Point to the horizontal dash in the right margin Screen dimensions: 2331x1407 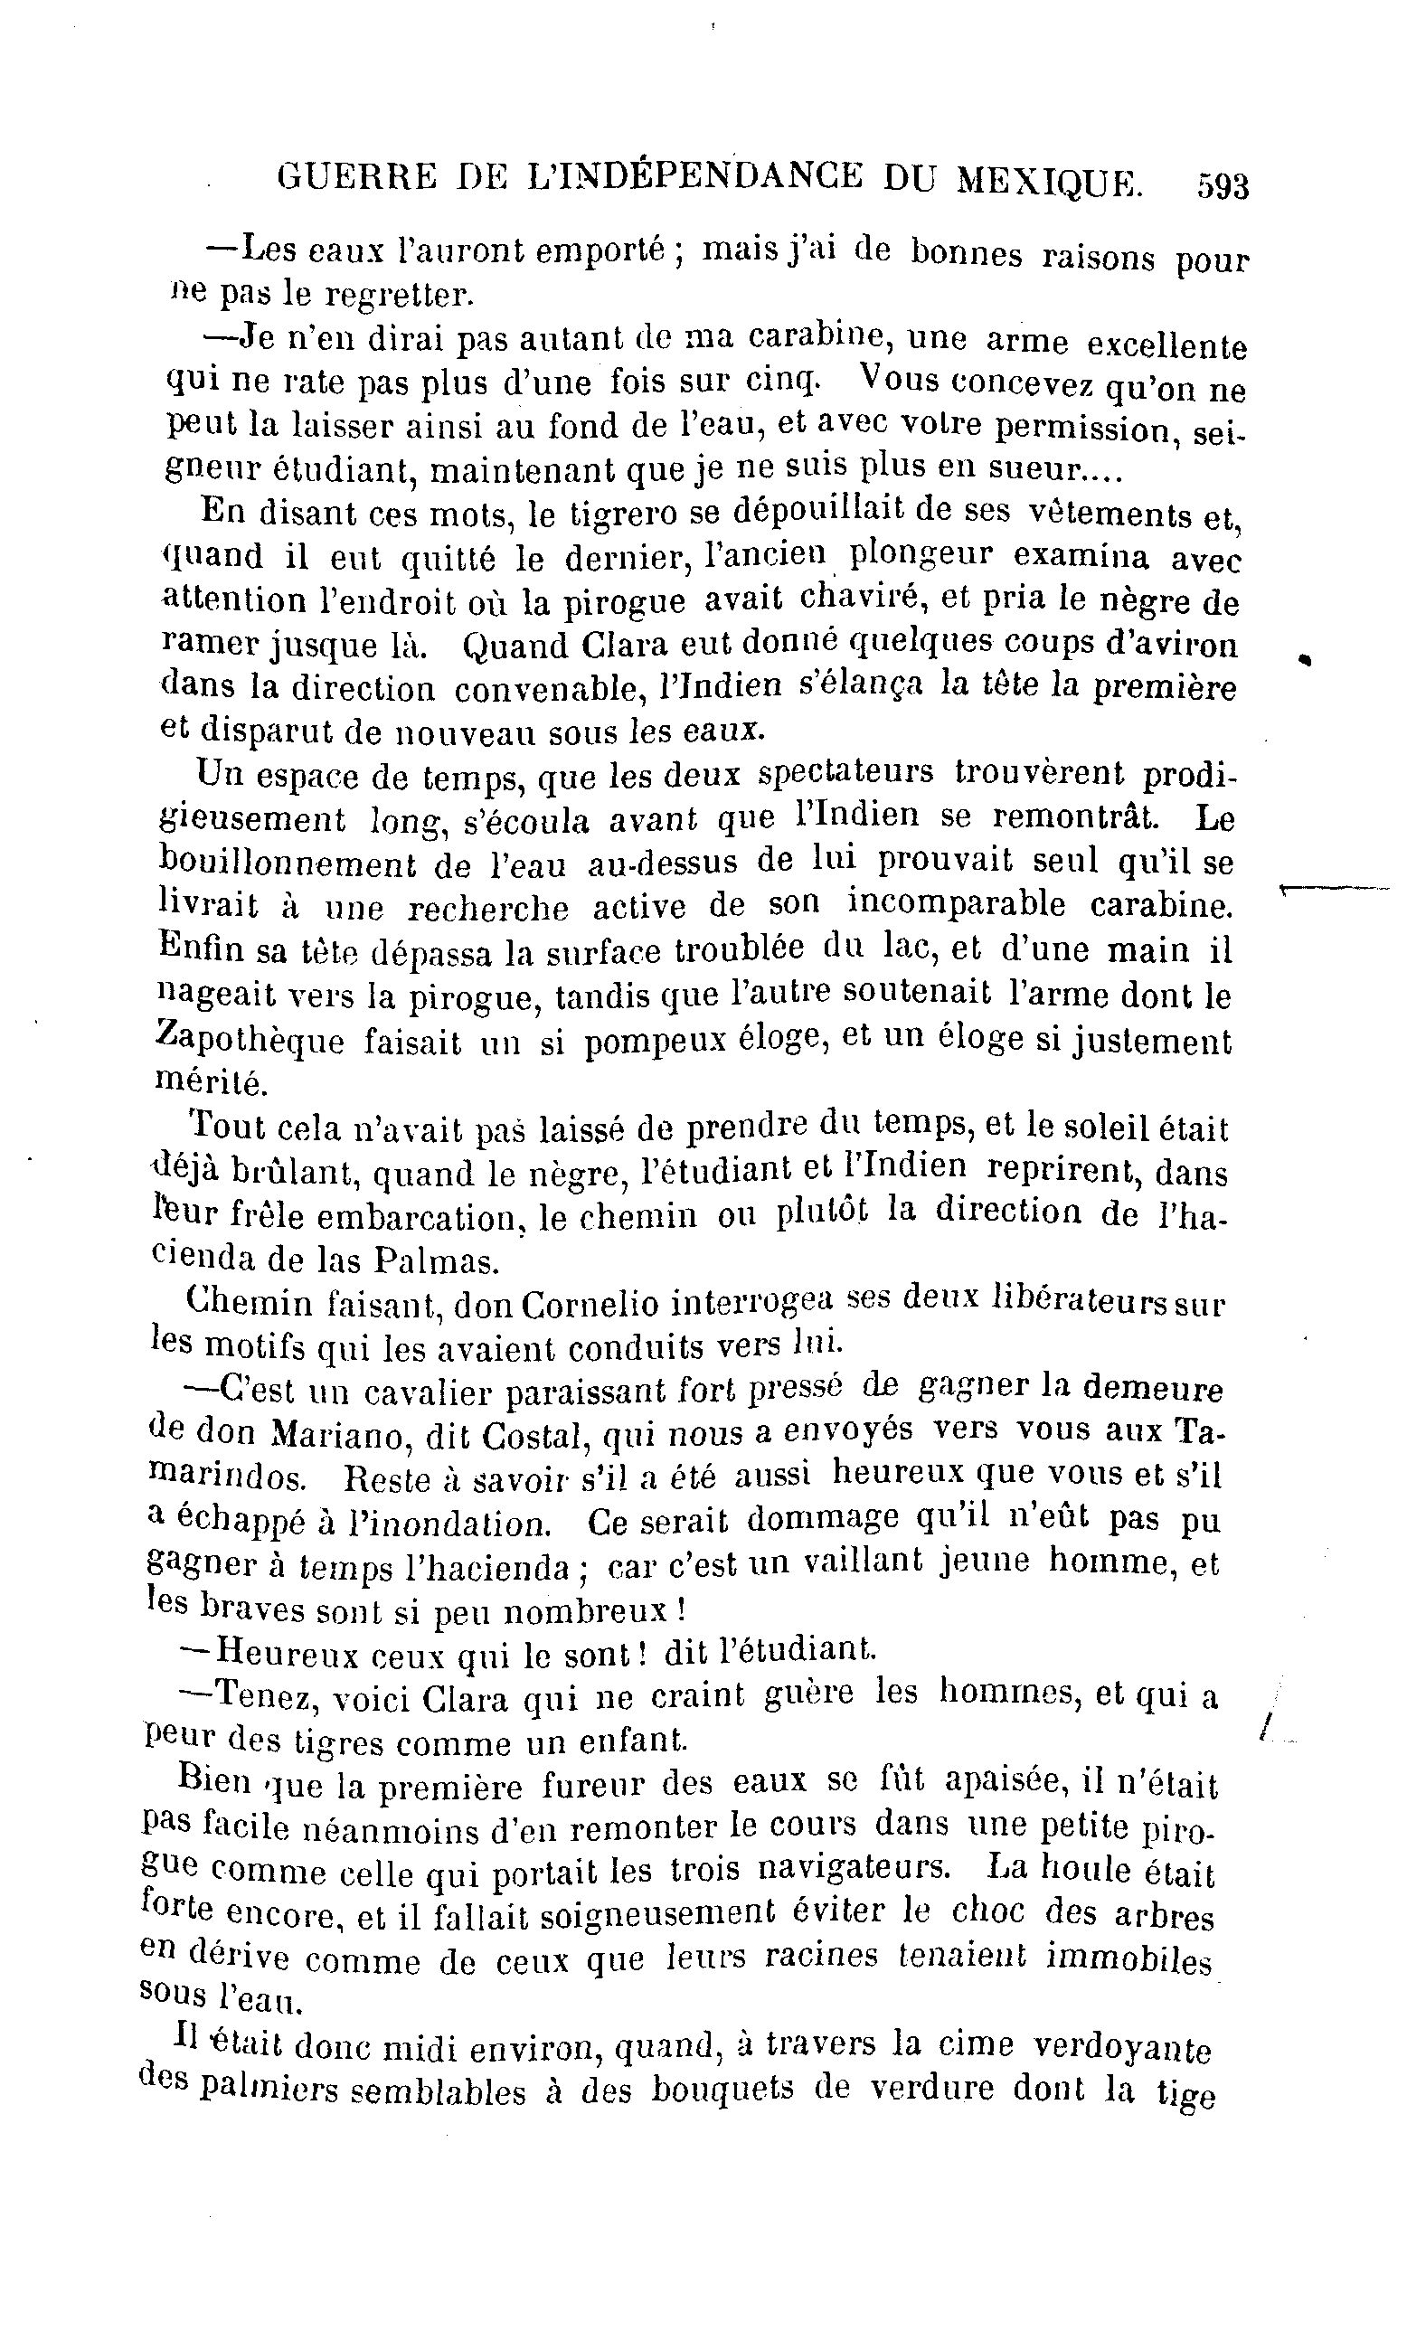1333,888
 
